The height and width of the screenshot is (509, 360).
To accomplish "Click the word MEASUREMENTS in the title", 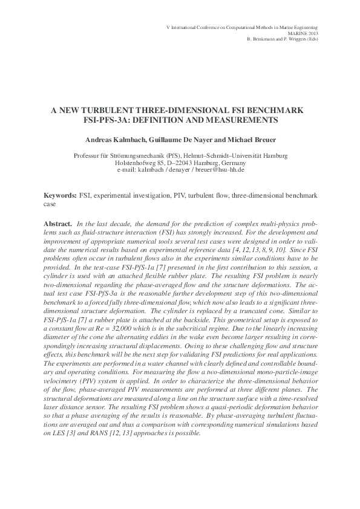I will [x=233, y=120].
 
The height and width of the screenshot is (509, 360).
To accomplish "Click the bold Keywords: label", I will [x=61, y=197].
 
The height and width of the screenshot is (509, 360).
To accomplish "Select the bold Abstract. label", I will [x=57, y=224].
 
